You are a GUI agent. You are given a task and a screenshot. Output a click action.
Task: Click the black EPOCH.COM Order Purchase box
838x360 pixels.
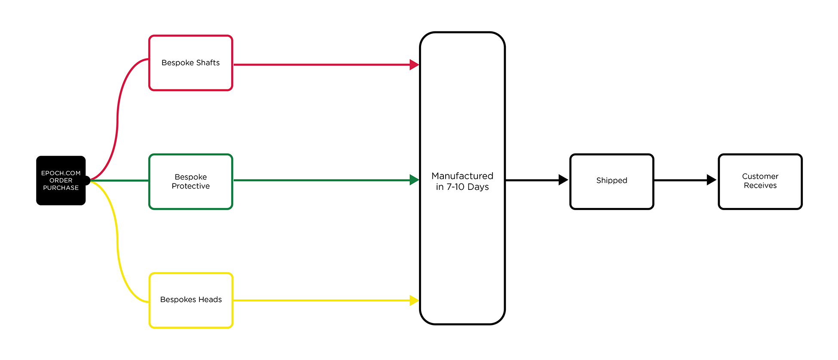point(61,180)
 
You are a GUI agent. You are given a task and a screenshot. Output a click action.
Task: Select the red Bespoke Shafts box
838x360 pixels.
point(190,63)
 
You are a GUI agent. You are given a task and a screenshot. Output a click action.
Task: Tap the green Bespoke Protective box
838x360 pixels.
point(190,182)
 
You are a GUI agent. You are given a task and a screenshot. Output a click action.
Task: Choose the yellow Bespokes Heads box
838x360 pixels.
point(191,300)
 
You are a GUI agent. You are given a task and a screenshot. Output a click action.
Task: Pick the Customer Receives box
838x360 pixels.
point(760,181)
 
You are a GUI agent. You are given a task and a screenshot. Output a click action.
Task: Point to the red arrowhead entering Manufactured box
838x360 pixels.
point(414,65)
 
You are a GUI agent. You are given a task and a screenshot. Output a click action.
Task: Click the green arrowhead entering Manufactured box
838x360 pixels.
point(414,180)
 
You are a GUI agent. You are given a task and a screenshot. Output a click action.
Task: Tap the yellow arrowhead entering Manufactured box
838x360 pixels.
point(414,300)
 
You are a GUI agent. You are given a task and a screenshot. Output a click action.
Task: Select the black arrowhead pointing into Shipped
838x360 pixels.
point(563,180)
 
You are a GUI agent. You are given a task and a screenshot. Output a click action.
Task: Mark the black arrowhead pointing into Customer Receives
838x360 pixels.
point(711,180)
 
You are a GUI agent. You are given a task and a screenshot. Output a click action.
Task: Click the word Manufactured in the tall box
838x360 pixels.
point(462,176)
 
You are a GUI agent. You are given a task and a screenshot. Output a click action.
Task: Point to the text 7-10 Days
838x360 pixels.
point(468,187)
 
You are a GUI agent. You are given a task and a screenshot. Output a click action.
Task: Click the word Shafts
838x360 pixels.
point(208,63)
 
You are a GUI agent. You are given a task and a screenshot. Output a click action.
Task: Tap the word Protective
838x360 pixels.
point(191,186)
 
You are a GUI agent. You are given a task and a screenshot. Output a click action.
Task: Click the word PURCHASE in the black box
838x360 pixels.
point(61,188)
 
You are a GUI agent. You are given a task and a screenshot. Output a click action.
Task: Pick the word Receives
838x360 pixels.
point(760,186)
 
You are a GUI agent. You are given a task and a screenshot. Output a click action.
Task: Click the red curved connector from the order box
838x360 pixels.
point(117,120)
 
